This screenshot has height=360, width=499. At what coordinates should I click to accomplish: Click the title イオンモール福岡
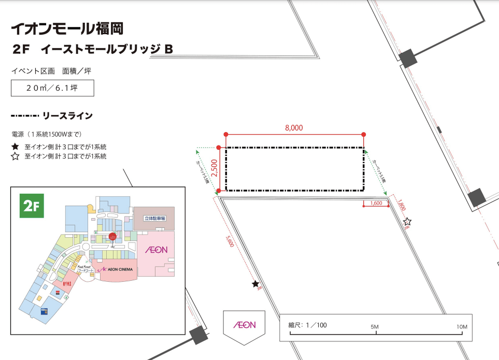click(x=67, y=27)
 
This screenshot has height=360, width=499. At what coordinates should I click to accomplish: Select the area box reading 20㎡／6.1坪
click(x=52, y=88)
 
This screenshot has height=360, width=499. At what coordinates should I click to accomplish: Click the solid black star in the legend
click(x=15, y=147)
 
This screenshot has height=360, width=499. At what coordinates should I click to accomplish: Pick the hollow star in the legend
click(x=15, y=156)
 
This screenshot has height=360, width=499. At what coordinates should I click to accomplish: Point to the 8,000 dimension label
click(x=293, y=127)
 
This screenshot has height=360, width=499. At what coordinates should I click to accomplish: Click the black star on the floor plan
click(x=255, y=284)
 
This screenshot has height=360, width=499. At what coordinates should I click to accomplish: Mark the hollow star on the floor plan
click(x=407, y=221)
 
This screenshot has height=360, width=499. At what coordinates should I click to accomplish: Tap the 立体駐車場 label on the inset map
click(x=154, y=219)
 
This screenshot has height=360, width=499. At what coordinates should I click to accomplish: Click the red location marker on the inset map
click(x=112, y=237)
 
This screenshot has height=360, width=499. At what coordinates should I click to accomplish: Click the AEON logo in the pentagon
click(x=244, y=325)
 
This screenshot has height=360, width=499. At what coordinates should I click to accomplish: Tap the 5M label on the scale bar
click(x=375, y=327)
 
